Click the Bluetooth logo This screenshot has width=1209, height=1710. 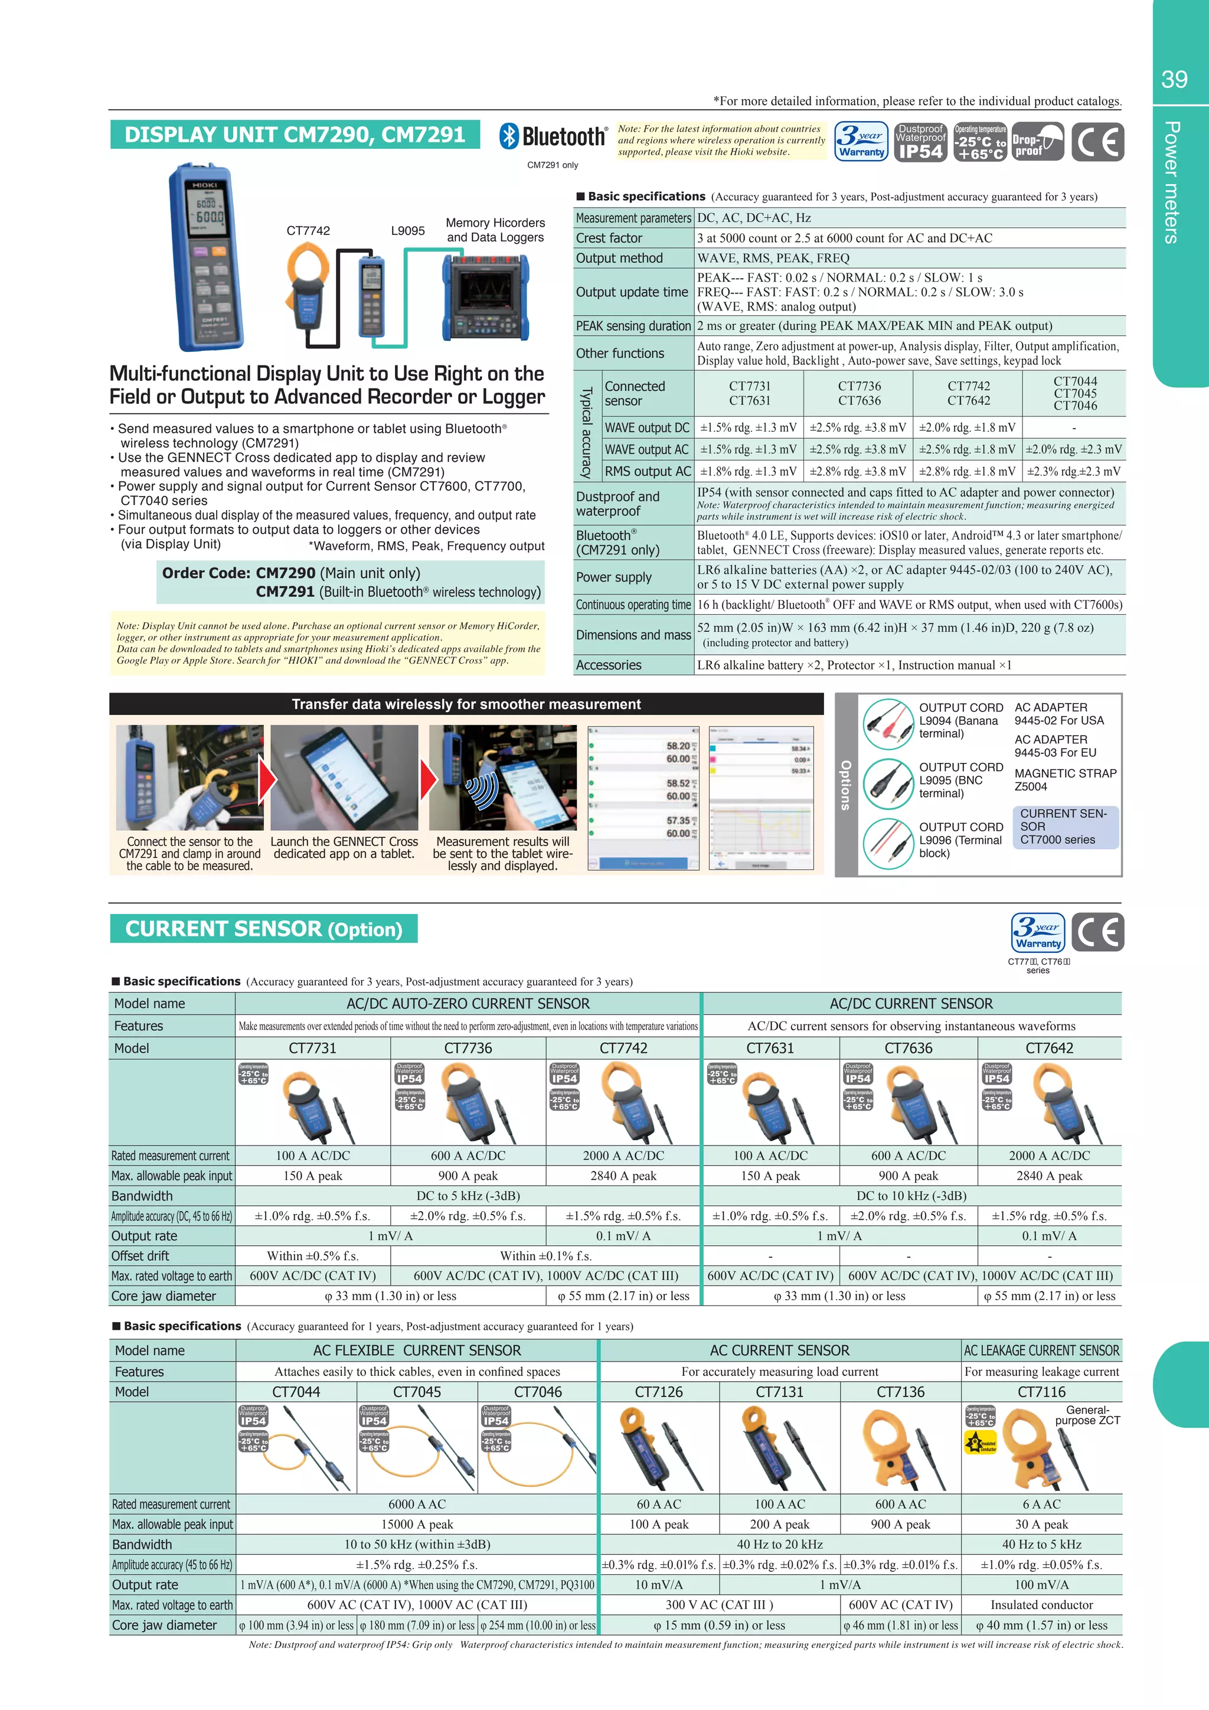(553, 137)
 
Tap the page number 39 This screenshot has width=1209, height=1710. (1174, 80)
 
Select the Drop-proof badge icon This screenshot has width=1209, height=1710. (1038, 142)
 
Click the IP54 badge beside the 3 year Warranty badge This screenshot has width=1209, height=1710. (920, 142)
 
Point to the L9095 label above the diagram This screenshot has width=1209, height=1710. (408, 231)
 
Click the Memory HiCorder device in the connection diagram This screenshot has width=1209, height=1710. (485, 296)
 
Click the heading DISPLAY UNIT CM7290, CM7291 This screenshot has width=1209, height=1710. (295, 135)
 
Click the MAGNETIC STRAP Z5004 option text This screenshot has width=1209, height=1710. (1066, 780)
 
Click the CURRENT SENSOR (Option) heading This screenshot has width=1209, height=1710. (263, 929)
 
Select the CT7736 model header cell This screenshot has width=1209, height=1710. (468, 1048)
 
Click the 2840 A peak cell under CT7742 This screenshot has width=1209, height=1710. (623, 1176)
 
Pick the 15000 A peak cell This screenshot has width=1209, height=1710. (417, 1525)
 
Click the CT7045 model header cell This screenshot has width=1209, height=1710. (417, 1392)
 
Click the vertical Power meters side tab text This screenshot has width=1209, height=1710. (1172, 182)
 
